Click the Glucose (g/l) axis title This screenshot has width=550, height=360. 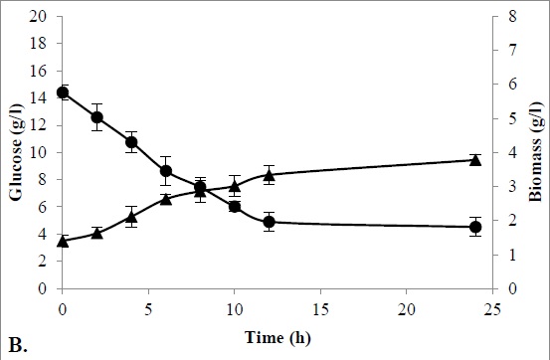pyautogui.click(x=16, y=153)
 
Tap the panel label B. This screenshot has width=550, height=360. pyautogui.click(x=17, y=344)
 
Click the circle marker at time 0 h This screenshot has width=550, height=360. pyautogui.click(x=63, y=92)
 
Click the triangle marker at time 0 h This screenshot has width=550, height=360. pyautogui.click(x=63, y=241)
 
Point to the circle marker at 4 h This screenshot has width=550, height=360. pyautogui.click(x=131, y=142)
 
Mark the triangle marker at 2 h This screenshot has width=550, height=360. pyautogui.click(x=97, y=233)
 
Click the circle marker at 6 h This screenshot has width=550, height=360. pyautogui.click(x=166, y=171)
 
